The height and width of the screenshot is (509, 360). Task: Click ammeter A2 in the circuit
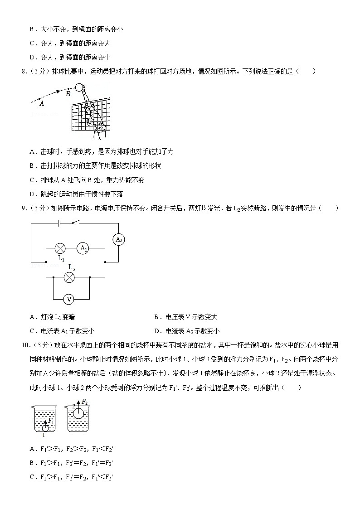[118, 239]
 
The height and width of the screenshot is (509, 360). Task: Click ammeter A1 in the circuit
[83, 248]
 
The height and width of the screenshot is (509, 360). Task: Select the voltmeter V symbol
[69, 299]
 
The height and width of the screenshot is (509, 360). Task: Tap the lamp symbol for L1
[60, 248]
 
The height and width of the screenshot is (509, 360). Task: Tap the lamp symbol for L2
[69, 277]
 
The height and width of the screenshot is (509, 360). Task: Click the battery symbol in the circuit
[59, 223]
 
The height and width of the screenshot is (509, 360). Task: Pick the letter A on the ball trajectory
[42, 103]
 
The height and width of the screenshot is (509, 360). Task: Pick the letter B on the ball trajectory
[68, 94]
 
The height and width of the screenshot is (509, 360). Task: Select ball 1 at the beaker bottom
[45, 427]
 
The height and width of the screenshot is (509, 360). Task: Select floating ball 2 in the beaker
[78, 413]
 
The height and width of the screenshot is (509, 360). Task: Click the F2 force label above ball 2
[84, 402]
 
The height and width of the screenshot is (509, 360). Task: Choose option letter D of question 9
[157, 331]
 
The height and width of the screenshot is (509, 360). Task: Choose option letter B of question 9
[157, 317]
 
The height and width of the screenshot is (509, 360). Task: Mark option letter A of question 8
[32, 152]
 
